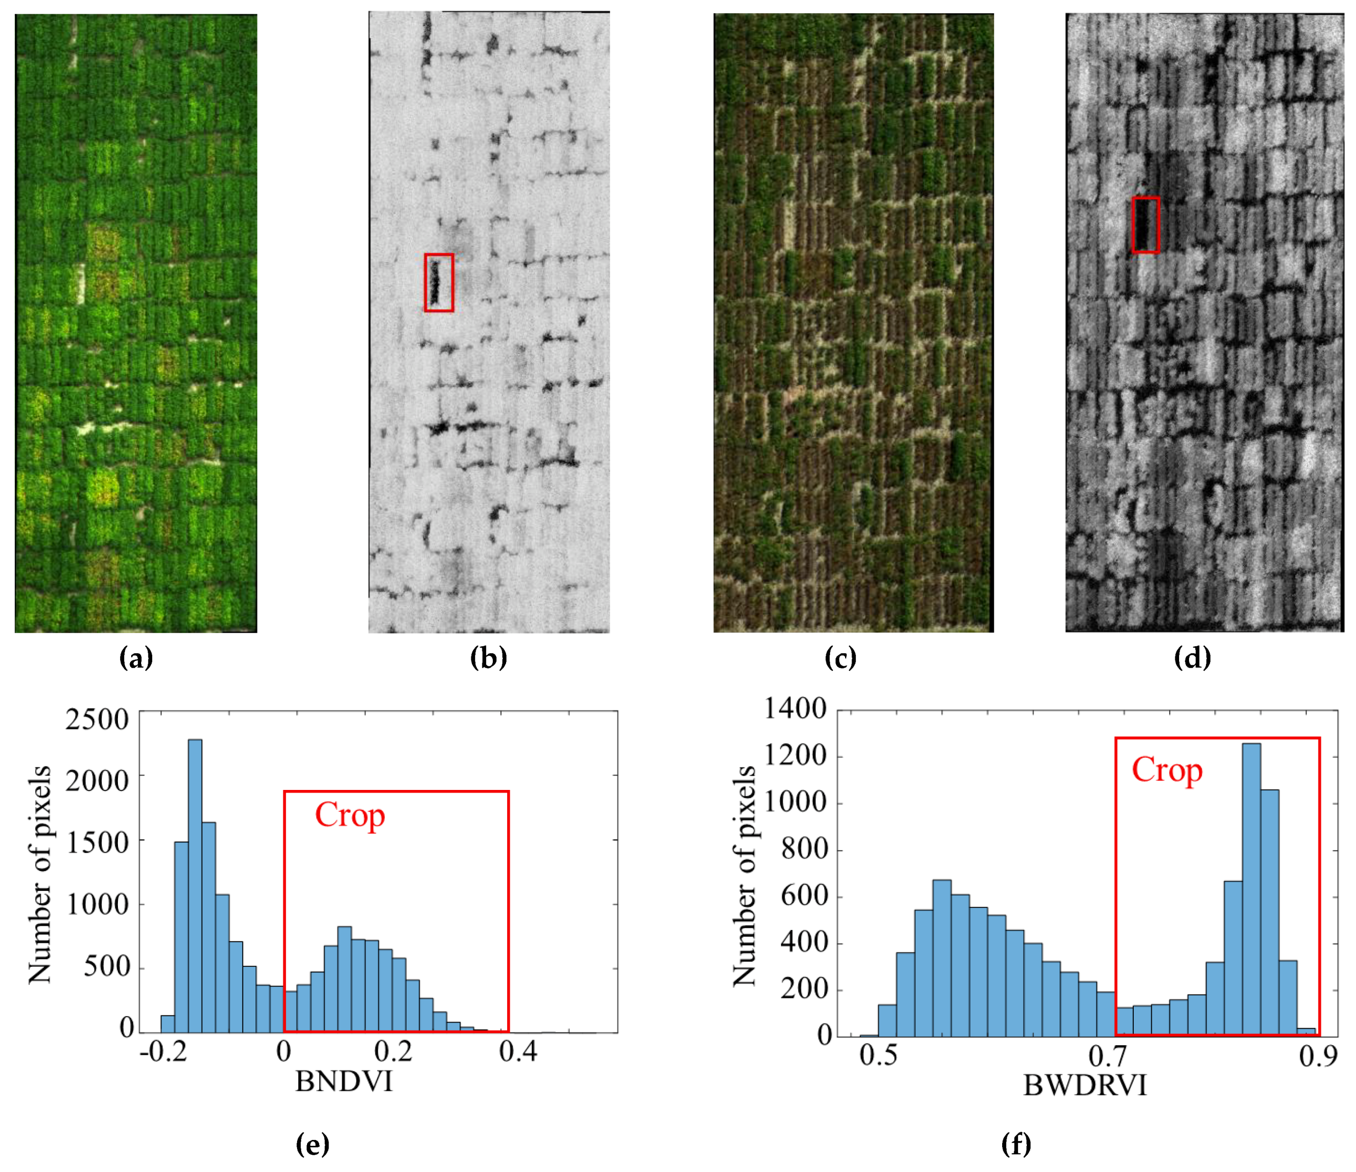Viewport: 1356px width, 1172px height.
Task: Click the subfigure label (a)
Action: coord(136,658)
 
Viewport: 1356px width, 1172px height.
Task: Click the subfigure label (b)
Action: coord(488,658)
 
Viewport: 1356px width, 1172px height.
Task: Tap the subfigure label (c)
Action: coord(840,658)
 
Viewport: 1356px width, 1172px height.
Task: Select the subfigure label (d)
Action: coord(1192,658)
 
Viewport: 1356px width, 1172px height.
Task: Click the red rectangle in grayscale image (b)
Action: coord(439,283)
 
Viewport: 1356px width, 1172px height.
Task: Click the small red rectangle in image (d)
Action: coord(1145,225)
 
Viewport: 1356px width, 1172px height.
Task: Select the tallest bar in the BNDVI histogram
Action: coord(195,886)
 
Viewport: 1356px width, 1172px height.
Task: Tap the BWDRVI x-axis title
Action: coord(1084,1086)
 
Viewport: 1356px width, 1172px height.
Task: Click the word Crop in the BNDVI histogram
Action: coord(350,816)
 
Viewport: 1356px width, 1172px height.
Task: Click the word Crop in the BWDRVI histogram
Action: coord(1167,770)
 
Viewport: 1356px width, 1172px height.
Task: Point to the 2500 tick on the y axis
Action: coord(97,719)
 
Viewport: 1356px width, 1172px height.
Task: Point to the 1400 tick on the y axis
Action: coord(795,708)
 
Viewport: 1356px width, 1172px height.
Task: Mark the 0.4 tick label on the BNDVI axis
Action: coord(518,1051)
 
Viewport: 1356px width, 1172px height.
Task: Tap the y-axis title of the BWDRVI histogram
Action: coord(744,876)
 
